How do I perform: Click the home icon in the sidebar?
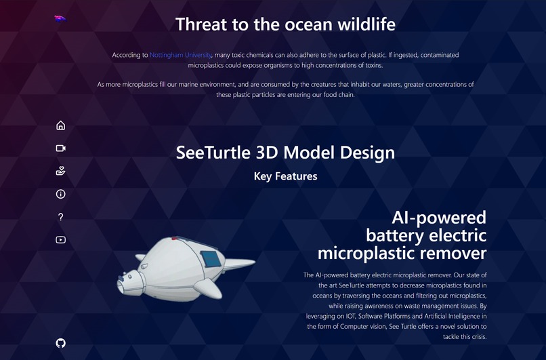[x=60, y=125]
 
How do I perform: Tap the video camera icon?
[x=60, y=148]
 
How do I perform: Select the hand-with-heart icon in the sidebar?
[x=60, y=171]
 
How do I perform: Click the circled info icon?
[x=60, y=195]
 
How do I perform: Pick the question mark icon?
[x=60, y=217]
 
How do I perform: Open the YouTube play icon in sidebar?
[x=60, y=239]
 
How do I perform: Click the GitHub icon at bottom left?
[x=60, y=343]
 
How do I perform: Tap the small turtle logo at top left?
[x=60, y=18]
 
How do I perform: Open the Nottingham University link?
[x=181, y=54]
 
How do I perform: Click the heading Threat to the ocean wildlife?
[x=285, y=24]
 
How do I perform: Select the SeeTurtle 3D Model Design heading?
[x=285, y=152]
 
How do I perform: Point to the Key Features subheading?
[x=285, y=176]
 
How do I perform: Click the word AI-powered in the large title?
[x=439, y=218]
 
